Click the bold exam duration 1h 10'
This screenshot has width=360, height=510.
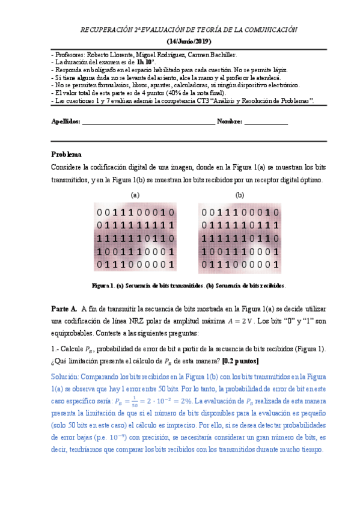[x=145, y=62]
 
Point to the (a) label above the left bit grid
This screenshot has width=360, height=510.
[x=135, y=195]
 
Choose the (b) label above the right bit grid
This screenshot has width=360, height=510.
[x=240, y=195]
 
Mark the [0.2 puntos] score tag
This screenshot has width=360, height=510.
[x=241, y=361]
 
